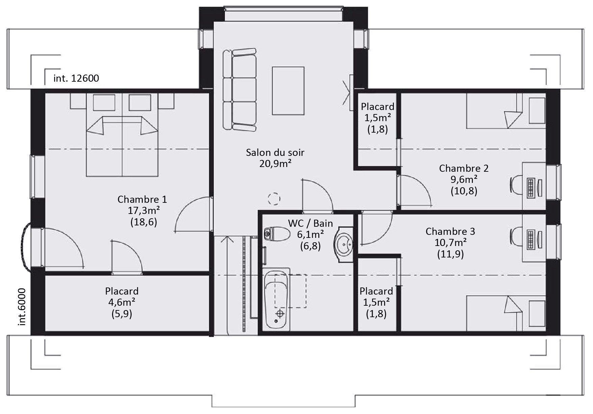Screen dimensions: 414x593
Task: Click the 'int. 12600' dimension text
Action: coord(76,78)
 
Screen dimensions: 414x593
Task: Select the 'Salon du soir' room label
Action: coord(275,153)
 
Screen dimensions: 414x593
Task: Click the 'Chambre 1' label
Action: coord(142,199)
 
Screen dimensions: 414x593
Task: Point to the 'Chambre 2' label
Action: coord(464,168)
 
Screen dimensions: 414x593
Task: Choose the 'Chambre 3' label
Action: coord(450,231)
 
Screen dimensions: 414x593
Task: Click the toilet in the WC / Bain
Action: coord(277,234)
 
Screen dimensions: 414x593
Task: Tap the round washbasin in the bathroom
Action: coord(344,243)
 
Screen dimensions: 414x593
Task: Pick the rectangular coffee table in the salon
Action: coord(288,91)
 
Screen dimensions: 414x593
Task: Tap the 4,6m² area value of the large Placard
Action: coord(122,302)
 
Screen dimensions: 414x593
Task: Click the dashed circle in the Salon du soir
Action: coord(274,199)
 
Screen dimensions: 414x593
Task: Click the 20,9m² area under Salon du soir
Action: coord(275,164)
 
